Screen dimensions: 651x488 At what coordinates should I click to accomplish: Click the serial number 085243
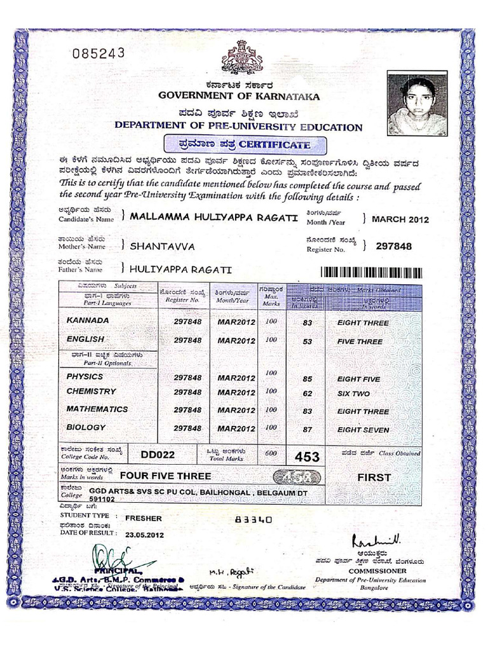98,53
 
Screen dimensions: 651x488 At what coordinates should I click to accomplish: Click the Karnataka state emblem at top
241,58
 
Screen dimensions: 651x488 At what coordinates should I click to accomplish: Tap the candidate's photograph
417,104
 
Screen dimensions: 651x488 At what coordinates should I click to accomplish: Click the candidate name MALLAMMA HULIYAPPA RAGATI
213,217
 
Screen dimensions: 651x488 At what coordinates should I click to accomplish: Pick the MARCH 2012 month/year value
400,220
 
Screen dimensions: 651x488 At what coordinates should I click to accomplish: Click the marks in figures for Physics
308,379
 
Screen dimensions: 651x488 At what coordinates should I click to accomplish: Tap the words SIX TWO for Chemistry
353,394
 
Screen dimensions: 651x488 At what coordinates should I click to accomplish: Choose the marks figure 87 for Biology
308,430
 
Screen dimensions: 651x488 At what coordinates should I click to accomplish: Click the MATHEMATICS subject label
97,409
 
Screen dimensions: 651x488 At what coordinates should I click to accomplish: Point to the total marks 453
307,456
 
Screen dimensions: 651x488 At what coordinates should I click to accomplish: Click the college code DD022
158,455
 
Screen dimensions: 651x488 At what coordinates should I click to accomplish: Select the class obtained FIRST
374,477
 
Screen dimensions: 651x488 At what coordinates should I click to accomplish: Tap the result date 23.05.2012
145,535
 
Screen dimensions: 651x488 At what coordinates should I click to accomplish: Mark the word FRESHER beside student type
144,518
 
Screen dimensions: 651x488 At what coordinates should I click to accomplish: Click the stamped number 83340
254,519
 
